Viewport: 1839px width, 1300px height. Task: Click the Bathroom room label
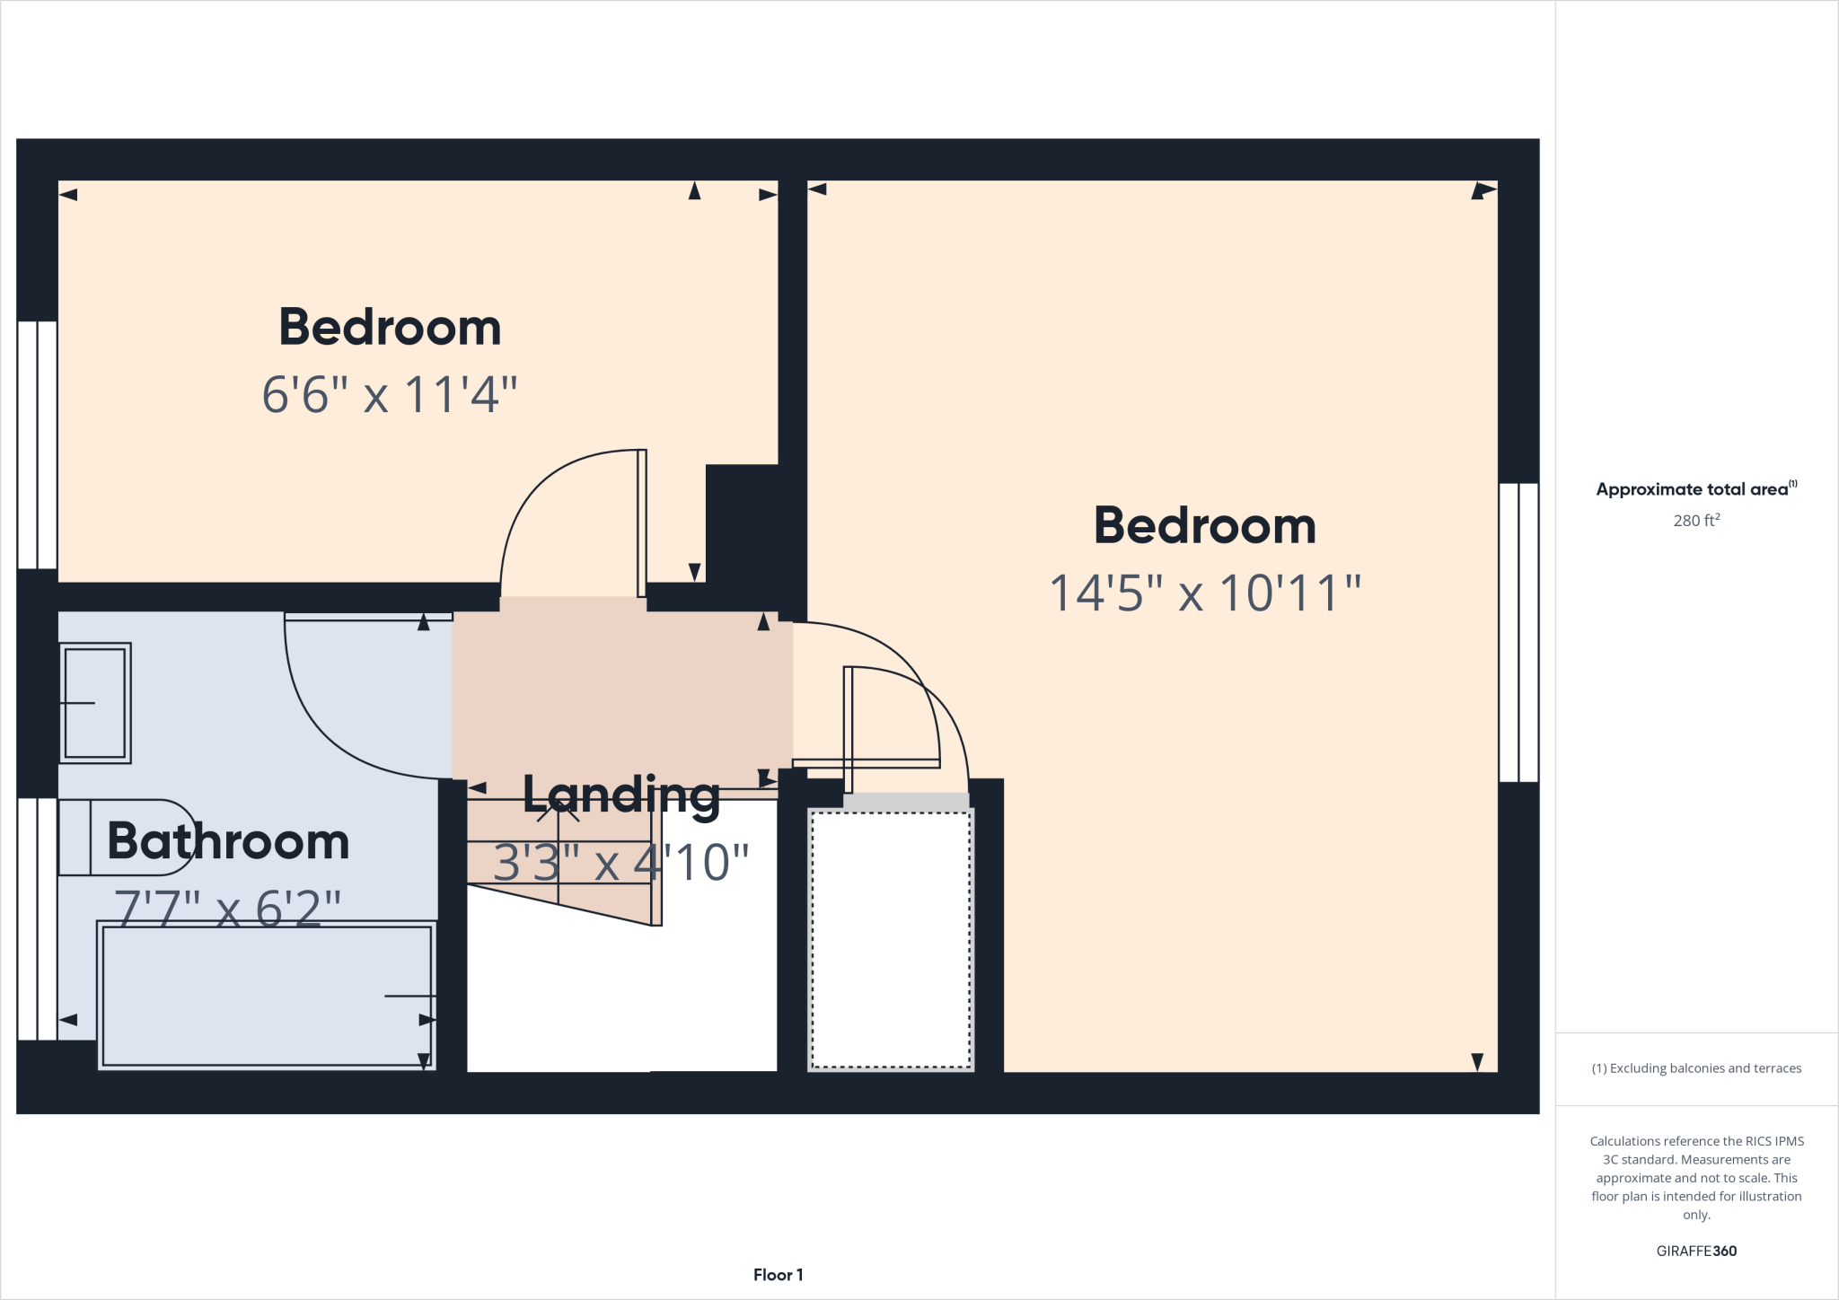pos(228,841)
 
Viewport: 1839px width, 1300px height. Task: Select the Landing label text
pos(621,795)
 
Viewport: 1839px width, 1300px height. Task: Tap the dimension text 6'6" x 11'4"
pos(390,395)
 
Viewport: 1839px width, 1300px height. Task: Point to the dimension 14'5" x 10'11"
pos(1205,593)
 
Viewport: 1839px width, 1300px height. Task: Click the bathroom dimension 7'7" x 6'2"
pos(228,909)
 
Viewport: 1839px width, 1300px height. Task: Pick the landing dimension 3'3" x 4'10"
pos(621,863)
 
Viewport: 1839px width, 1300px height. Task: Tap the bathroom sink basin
pos(95,703)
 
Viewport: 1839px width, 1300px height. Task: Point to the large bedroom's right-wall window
pos(1518,632)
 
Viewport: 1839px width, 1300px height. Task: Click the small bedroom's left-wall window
pos(38,444)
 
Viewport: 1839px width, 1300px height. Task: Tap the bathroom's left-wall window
pos(38,918)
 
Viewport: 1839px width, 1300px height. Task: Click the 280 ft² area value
pos(1696,521)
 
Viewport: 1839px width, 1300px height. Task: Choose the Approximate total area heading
pos(1694,489)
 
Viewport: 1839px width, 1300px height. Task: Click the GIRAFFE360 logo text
pos(1696,1251)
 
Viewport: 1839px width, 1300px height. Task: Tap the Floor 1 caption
pos(778,1275)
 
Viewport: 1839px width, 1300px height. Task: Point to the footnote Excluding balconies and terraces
pos(1696,1068)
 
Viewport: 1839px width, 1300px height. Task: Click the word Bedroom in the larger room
pos(1205,526)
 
